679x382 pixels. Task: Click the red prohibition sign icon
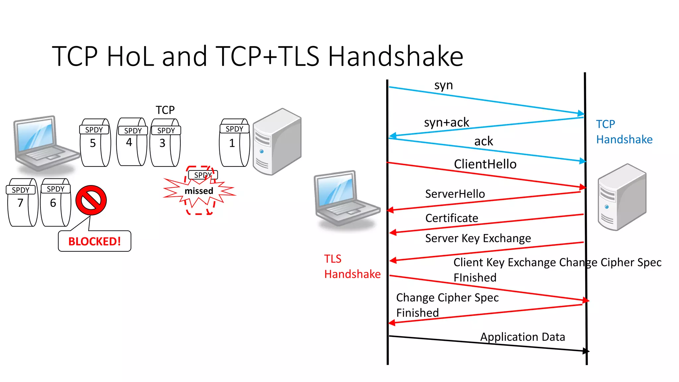(91, 200)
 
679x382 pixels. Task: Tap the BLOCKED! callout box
(94, 241)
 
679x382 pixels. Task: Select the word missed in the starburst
(199, 191)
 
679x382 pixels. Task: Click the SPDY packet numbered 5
(95, 143)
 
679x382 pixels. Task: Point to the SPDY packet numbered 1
(234, 143)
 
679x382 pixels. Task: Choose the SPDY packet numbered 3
(165, 143)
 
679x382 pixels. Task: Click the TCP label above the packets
(165, 110)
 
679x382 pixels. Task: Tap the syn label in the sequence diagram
(443, 86)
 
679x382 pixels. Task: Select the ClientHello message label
(485, 164)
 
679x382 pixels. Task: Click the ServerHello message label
(455, 194)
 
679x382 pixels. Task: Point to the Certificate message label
(452, 218)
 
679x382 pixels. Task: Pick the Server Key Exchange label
(478, 238)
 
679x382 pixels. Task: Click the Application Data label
(523, 337)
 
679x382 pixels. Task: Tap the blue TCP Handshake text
(624, 132)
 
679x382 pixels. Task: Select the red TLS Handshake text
(352, 266)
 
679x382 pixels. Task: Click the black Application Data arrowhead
(586, 351)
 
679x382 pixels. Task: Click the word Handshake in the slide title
(395, 56)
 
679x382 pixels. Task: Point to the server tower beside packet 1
(277, 142)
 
